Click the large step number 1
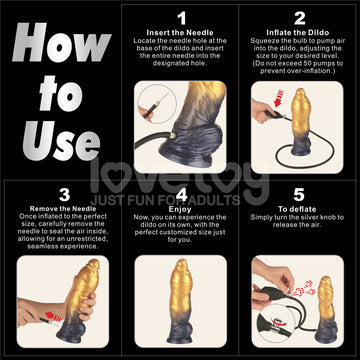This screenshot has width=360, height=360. coord(181,17)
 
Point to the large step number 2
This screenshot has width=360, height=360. coord(300,17)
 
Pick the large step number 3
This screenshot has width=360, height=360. coord(61,194)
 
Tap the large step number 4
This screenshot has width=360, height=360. coord(181,194)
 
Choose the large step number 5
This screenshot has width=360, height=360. coord(297,194)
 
